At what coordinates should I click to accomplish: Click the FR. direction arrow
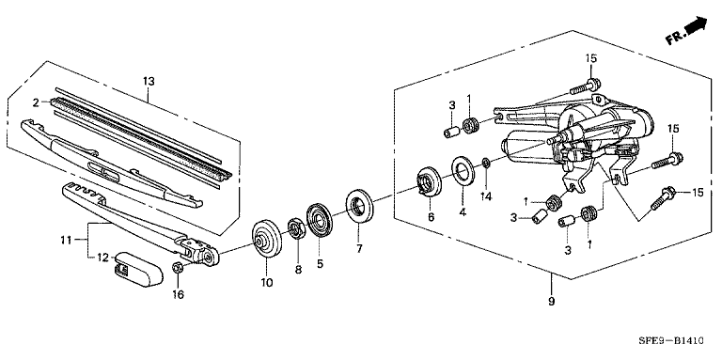pyautogui.click(x=686, y=30)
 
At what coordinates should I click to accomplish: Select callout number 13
pyautogui.click(x=149, y=82)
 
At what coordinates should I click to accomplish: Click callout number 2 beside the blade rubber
pyautogui.click(x=36, y=102)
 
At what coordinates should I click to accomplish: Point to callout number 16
pyautogui.click(x=178, y=294)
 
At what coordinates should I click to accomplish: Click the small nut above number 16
pyautogui.click(x=179, y=267)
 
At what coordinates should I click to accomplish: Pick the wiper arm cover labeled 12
pyautogui.click(x=138, y=269)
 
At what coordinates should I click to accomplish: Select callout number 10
pyautogui.click(x=267, y=282)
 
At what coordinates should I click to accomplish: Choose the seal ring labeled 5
pyautogui.click(x=318, y=219)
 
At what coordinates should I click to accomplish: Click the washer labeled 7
pyautogui.click(x=360, y=205)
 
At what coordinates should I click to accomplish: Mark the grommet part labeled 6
pyautogui.click(x=429, y=183)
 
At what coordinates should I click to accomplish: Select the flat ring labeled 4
pyautogui.click(x=463, y=171)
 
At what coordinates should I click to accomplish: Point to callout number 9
pyautogui.click(x=552, y=302)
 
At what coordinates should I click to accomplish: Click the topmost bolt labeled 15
pyautogui.click(x=586, y=86)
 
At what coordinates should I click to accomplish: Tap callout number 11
pyautogui.click(x=66, y=240)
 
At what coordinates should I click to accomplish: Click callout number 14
pyautogui.click(x=487, y=196)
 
